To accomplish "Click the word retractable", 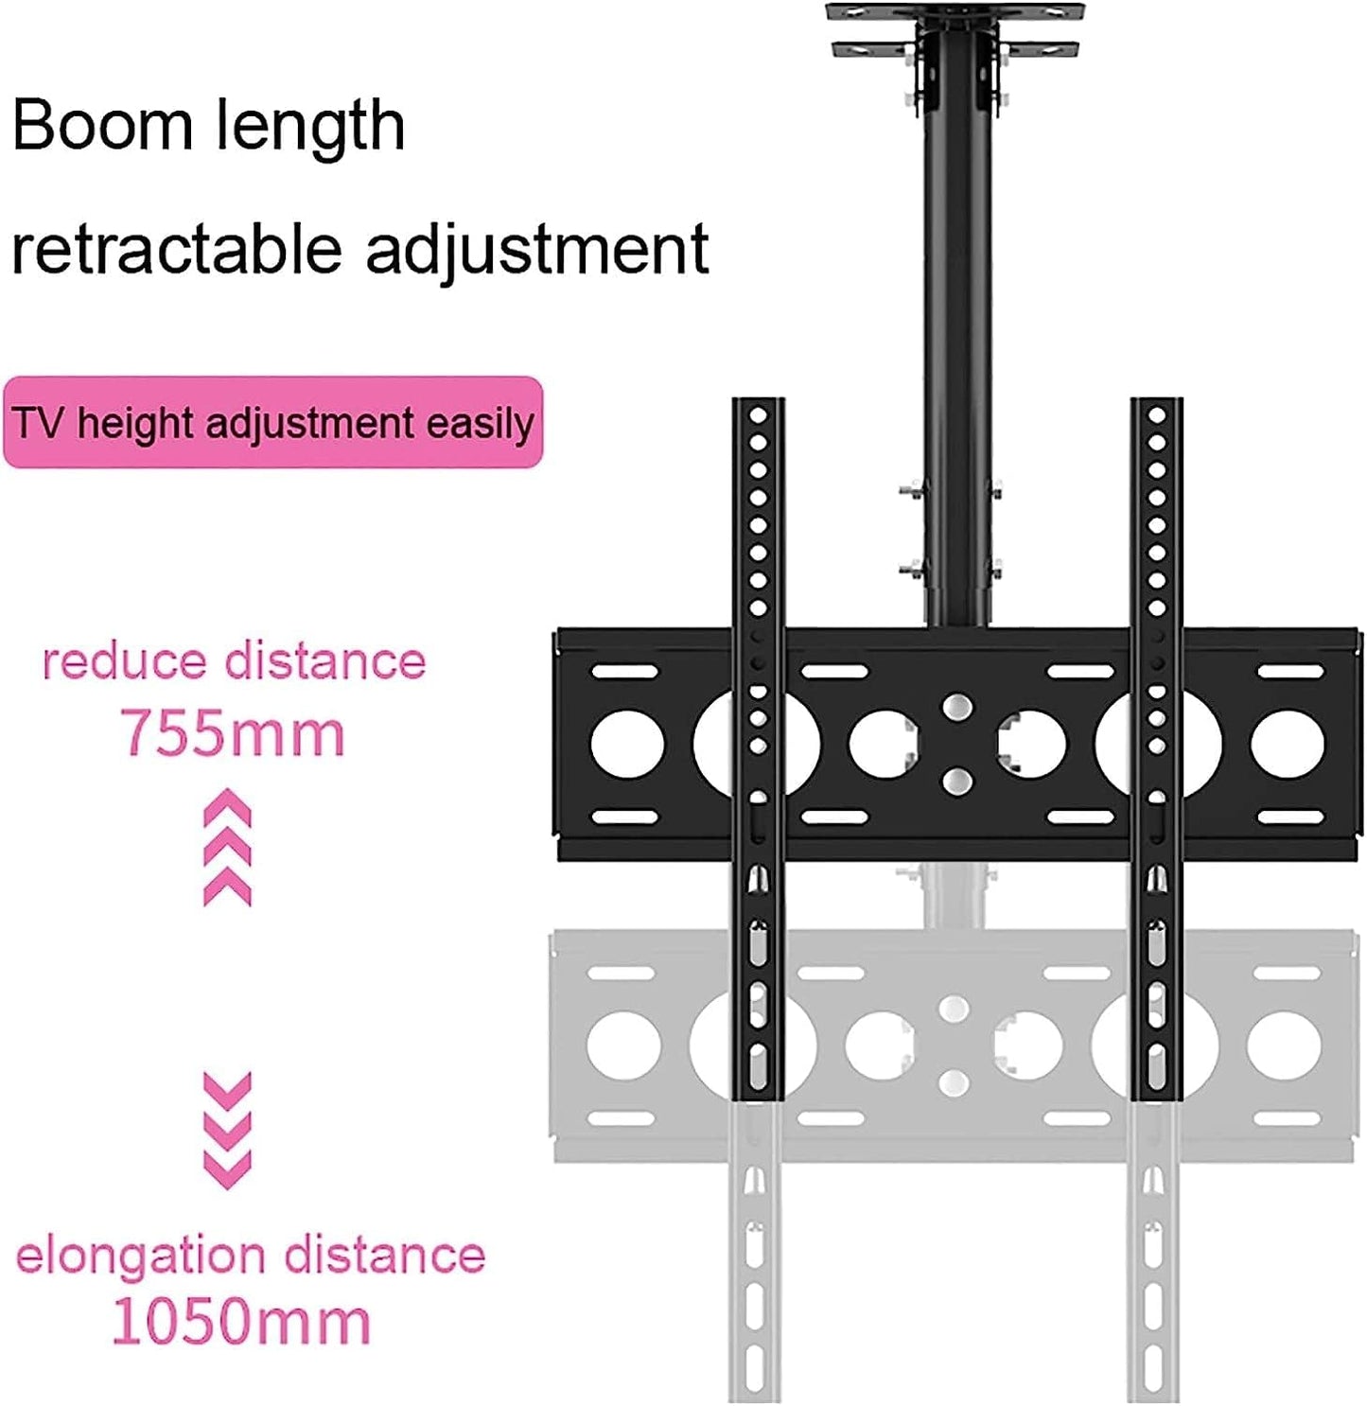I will point(176,249).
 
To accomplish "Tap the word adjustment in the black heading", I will point(536,249).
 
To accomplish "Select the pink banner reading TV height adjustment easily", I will point(272,423).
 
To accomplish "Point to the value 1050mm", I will point(240,1322).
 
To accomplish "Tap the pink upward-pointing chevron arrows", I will point(228,849).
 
